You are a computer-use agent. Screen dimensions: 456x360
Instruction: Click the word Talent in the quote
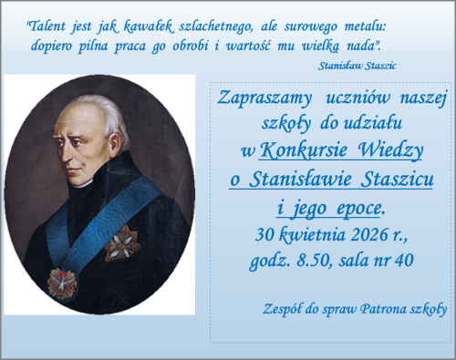[x=47, y=26]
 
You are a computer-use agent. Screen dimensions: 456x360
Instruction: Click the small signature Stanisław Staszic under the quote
[x=358, y=66]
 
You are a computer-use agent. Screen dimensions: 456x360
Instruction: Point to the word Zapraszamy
[x=264, y=98]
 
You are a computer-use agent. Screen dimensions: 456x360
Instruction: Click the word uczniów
[x=358, y=98]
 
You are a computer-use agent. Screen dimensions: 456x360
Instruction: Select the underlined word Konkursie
[x=304, y=150]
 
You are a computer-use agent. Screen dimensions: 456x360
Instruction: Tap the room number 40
[x=404, y=261]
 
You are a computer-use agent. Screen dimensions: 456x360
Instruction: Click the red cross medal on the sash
[x=62, y=283]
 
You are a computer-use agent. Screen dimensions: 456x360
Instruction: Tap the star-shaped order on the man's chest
[x=122, y=243]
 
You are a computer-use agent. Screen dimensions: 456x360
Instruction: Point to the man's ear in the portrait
[x=115, y=143]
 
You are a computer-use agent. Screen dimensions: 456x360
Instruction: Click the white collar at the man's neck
[x=83, y=184]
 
